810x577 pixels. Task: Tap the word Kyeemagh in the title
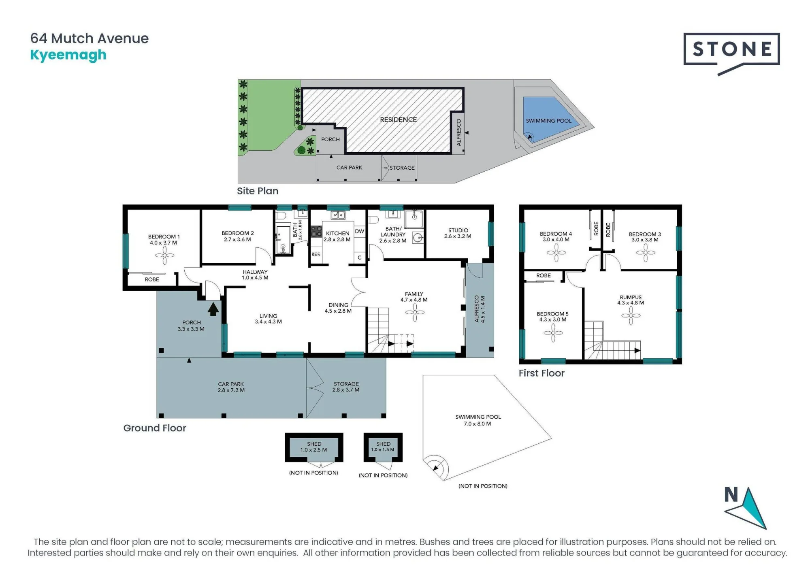(x=68, y=55)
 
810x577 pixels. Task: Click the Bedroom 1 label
(x=164, y=240)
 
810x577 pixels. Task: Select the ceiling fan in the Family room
(x=415, y=312)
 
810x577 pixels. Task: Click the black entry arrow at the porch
(x=213, y=310)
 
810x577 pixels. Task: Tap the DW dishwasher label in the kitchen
(x=360, y=231)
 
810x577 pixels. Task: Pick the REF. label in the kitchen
(x=316, y=254)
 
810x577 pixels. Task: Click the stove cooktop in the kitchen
(x=316, y=232)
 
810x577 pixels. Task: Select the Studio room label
(x=458, y=233)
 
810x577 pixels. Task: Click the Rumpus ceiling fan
(x=631, y=315)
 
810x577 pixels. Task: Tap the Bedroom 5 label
(x=552, y=317)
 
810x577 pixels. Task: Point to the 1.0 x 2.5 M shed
(x=314, y=447)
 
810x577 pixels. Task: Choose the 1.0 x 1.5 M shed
(x=383, y=447)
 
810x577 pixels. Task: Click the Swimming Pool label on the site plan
(x=548, y=121)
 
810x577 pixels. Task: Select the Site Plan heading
(x=258, y=191)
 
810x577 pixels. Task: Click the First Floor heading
(x=541, y=373)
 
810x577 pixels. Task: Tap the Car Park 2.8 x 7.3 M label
(x=231, y=387)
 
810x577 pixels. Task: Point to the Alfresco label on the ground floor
(x=479, y=309)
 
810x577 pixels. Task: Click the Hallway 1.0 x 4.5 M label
(x=255, y=275)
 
